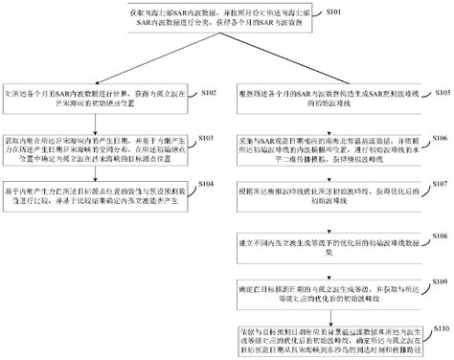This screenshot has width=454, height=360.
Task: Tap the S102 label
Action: pos(209,92)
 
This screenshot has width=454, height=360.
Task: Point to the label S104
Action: pos(209,183)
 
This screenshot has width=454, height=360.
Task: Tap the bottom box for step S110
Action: pos(330,337)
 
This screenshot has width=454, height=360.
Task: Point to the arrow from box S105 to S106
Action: pos(330,122)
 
